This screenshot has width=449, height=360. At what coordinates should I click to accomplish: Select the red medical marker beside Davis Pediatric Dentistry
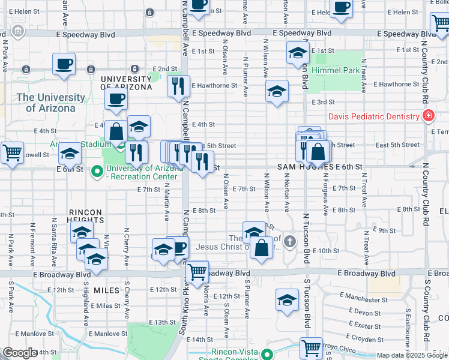[429, 115]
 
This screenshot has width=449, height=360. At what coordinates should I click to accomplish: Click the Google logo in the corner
[20, 353]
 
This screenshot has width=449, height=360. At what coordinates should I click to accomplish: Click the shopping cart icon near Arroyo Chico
[311, 347]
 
